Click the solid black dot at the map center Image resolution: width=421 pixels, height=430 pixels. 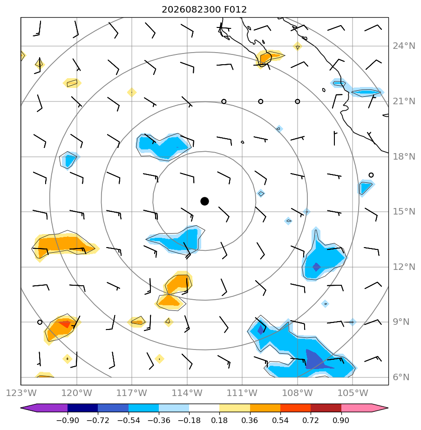pyautogui.click(x=204, y=201)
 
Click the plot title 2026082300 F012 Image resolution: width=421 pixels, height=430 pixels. pyautogui.click(x=204, y=10)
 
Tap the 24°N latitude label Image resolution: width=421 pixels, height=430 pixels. pyautogui.click(x=404, y=46)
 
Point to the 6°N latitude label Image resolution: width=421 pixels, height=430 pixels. pyautogui.click(x=401, y=377)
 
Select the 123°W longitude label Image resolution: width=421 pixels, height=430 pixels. pyautogui.click(x=21, y=393)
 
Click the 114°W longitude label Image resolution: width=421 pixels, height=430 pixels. pyautogui.click(x=187, y=393)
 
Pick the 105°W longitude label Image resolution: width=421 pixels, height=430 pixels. pyautogui.click(x=353, y=393)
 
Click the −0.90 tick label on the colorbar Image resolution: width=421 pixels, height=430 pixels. pyautogui.click(x=68, y=420)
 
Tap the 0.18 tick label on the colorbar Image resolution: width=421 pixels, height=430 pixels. pyautogui.click(x=219, y=420)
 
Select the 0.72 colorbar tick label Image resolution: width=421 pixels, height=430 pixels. pyautogui.click(x=311, y=420)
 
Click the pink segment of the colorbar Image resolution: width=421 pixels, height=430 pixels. pyautogui.click(x=357, y=408)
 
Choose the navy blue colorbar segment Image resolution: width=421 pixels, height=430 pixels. pyautogui.click(x=82, y=408)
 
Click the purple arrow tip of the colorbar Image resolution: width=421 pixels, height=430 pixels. pyautogui.click(x=21, y=408)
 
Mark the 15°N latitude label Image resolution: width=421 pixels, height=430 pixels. pyautogui.click(x=404, y=211)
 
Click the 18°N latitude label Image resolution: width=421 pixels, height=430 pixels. pyautogui.click(x=404, y=156)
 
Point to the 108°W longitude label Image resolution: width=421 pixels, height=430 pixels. pyautogui.click(x=298, y=393)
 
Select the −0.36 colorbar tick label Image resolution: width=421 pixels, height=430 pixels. pyautogui.click(x=159, y=420)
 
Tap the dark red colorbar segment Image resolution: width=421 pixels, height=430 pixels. pyautogui.click(x=326, y=408)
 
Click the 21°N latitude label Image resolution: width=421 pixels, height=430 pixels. pyautogui.click(x=404, y=101)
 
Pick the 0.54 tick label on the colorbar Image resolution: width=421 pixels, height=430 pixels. pyautogui.click(x=280, y=420)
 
